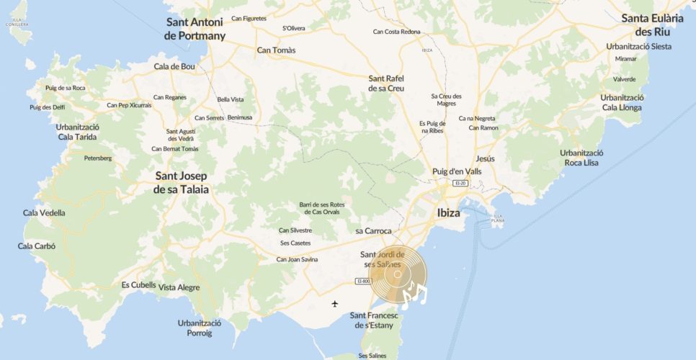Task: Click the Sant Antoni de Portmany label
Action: point(195,29)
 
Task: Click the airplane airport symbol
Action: point(335,303)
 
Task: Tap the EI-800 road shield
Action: point(363,282)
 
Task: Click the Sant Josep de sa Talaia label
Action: point(181,183)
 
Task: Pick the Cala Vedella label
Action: point(44,213)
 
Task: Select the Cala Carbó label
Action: point(37,246)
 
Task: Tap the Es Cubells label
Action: point(138,285)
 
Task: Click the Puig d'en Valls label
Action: point(456,171)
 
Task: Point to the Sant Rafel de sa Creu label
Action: point(386,84)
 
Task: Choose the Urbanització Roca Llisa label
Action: point(581,158)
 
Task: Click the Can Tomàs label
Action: point(277,50)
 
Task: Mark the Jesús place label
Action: point(485,158)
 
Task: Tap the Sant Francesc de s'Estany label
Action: point(377,320)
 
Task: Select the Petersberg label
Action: point(98,158)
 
